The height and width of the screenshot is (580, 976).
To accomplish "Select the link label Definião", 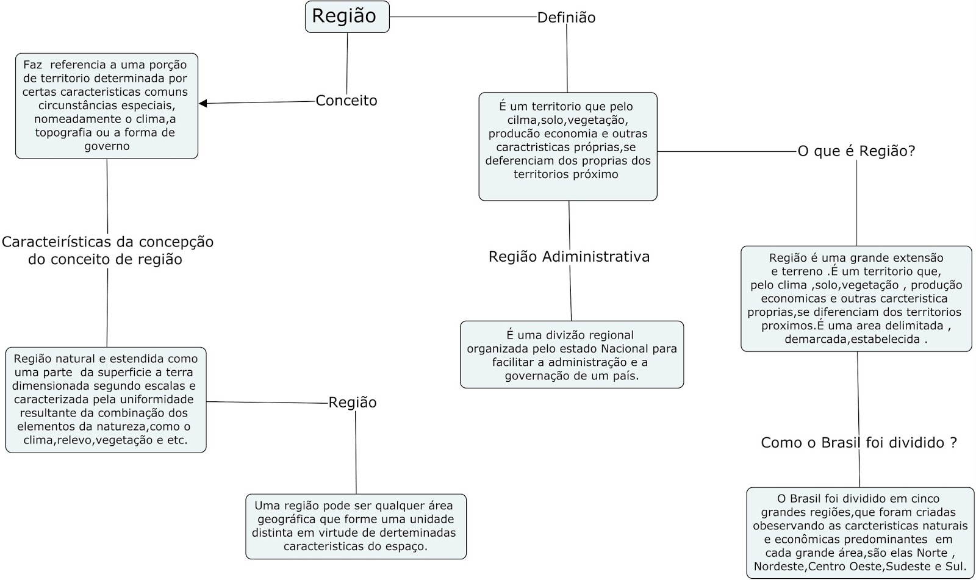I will pyautogui.click(x=566, y=18).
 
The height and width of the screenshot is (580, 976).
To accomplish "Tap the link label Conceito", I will pyautogui.click(x=346, y=101).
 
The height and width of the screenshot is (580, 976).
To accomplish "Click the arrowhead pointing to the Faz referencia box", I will pyautogui.click(x=204, y=104).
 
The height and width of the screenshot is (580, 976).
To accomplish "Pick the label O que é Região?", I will pyautogui.click(x=856, y=151).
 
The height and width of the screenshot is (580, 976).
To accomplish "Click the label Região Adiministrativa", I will pyautogui.click(x=569, y=257).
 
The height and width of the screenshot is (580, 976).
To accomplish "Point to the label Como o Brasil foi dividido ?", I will pyautogui.click(x=859, y=443).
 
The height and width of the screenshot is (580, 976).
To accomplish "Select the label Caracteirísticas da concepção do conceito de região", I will pyautogui.click(x=107, y=251).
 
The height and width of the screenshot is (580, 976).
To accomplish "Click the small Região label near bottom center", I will pyautogui.click(x=353, y=403).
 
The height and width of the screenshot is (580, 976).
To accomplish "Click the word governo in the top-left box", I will pyautogui.click(x=107, y=146).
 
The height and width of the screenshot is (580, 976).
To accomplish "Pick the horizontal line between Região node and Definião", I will pyautogui.click(x=462, y=16).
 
